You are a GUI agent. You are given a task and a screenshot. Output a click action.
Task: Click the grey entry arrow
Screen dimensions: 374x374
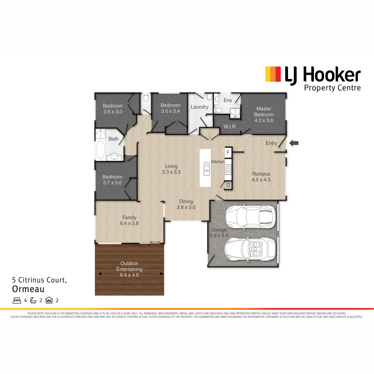point(294,143)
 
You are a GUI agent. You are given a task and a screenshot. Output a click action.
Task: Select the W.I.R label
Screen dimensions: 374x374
point(229,127)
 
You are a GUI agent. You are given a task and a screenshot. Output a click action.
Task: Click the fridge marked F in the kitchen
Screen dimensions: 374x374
point(228,152)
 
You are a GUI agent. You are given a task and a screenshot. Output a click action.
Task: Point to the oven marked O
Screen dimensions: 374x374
point(228,185)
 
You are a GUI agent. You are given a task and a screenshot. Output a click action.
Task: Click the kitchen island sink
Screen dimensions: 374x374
point(207,169)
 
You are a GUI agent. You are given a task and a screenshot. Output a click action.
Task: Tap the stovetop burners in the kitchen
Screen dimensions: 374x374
point(228,170)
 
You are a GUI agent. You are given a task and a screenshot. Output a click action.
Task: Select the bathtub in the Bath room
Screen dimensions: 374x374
point(100,150)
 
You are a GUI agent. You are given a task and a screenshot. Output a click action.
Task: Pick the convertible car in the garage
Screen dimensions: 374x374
point(250,249)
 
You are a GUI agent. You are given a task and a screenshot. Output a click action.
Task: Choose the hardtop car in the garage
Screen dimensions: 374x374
point(250,217)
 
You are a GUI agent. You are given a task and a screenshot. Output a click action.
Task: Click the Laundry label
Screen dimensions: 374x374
point(199,107)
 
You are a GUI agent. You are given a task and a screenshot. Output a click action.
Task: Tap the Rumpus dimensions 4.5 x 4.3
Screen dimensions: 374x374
point(261,180)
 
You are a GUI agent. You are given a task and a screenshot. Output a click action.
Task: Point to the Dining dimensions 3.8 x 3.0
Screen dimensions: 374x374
point(186,207)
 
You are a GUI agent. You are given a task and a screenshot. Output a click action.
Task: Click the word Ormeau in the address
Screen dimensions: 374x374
point(28,289)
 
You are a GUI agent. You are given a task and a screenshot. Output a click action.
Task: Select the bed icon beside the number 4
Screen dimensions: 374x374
point(17,300)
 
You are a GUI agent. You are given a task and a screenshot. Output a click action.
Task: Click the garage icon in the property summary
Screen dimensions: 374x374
point(49,300)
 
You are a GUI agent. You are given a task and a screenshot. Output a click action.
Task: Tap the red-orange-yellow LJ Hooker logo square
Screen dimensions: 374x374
point(273,74)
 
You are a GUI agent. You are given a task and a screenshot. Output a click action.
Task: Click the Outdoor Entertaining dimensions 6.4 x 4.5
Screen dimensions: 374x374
point(129,275)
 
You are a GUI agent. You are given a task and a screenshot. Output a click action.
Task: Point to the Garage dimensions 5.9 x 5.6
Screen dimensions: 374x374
point(219,235)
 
